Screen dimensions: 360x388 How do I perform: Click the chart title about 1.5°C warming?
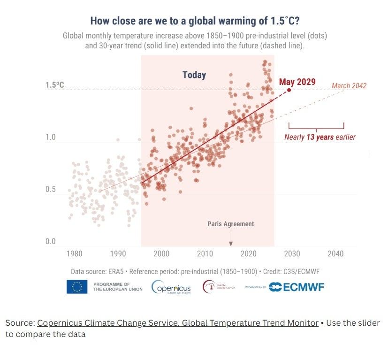(x=196, y=21)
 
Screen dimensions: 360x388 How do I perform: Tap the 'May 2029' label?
(x=297, y=82)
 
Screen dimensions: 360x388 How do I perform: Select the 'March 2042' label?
(x=349, y=86)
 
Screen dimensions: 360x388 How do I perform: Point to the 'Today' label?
(x=194, y=75)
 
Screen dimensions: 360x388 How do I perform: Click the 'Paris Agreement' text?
(x=230, y=224)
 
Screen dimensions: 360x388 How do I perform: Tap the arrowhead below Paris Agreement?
(x=230, y=243)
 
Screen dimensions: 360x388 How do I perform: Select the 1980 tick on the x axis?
(x=74, y=254)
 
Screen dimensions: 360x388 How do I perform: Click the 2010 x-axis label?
(x=205, y=254)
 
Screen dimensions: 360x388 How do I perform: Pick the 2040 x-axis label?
(x=335, y=254)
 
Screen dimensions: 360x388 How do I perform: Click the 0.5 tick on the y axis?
(x=50, y=190)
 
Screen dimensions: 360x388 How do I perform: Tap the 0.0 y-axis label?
(x=50, y=242)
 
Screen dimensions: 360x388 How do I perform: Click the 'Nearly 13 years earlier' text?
(x=320, y=138)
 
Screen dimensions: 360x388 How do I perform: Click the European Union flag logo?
(x=77, y=286)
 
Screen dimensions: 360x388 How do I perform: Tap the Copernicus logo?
(x=171, y=286)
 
